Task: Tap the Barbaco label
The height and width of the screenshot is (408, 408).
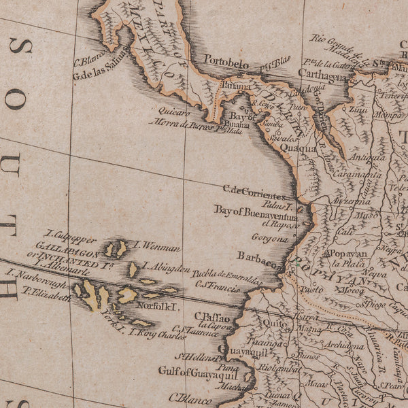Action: (x=257, y=256)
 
